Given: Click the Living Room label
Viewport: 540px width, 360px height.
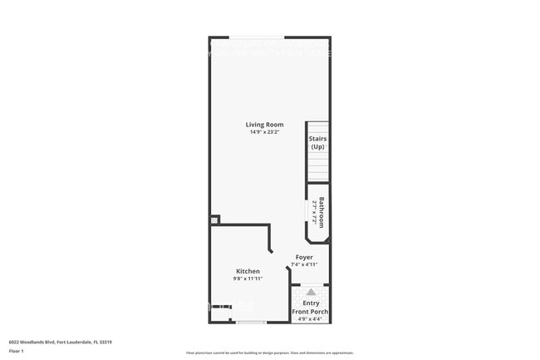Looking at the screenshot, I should coord(264,125).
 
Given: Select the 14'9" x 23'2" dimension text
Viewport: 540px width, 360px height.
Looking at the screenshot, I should coord(264,132).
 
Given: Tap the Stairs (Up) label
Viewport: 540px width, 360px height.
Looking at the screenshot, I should coord(317,142).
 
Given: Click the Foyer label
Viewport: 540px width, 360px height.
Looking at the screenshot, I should coord(304,257).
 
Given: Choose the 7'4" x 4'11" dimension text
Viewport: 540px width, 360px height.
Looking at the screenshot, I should coord(304,264).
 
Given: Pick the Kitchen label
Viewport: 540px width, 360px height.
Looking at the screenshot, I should coord(248,271).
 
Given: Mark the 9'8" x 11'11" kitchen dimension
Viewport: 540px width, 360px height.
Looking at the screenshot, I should coord(248,279).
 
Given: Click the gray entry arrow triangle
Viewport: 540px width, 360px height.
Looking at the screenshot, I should coord(311,292).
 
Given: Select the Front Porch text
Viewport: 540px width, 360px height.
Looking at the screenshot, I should coord(310,312).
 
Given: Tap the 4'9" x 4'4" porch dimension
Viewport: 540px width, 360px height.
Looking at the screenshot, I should coord(310,319).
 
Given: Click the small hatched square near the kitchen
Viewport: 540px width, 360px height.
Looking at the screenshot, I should coord(214,220).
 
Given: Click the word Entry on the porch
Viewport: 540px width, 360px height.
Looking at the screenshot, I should coord(311,304).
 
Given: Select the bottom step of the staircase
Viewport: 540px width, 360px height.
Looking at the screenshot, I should coord(317,177).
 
